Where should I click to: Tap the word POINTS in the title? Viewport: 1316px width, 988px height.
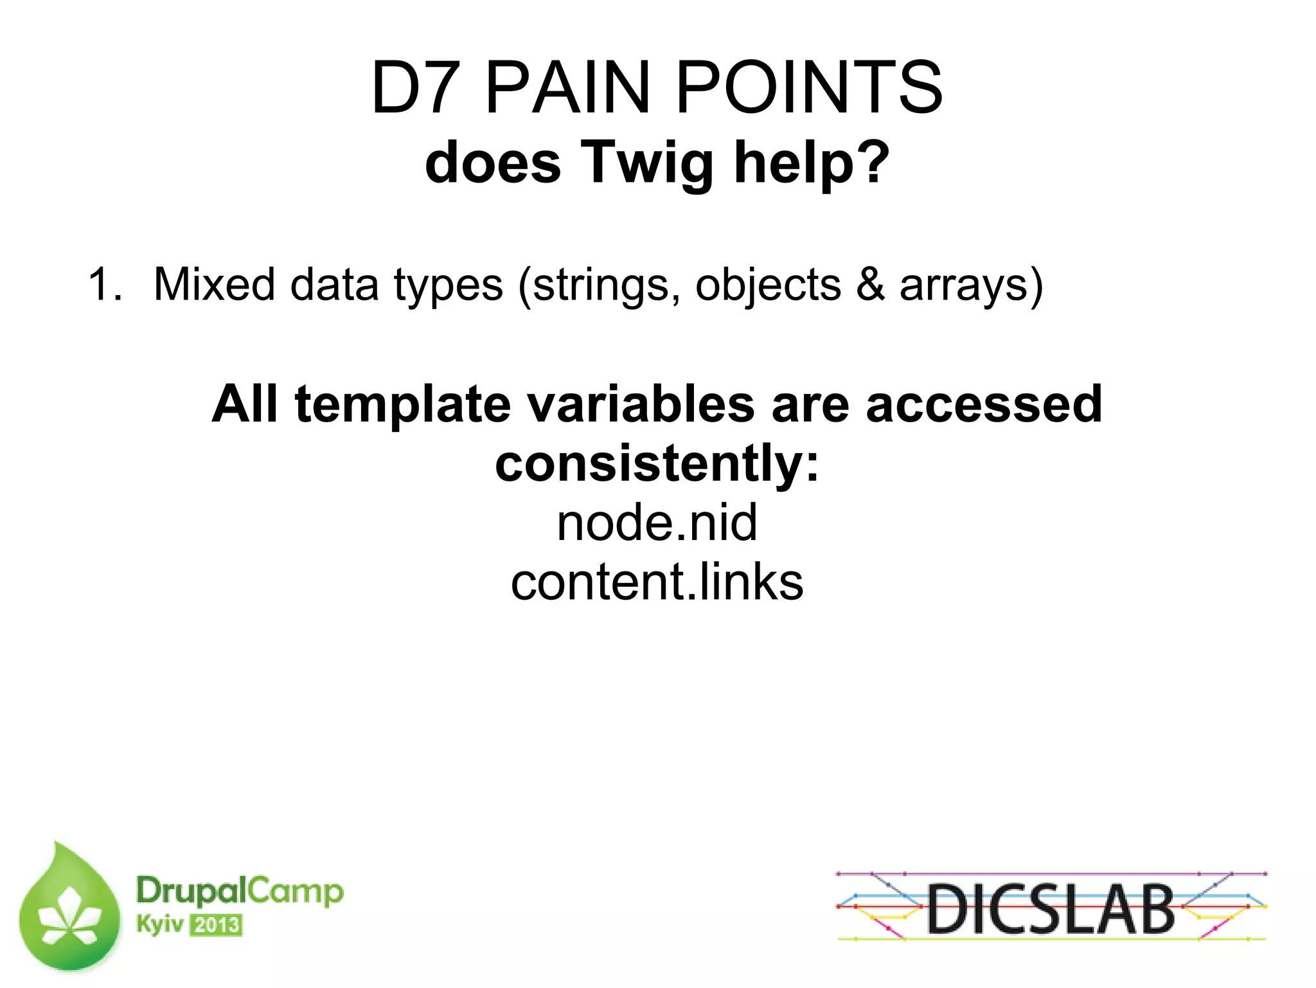(x=809, y=88)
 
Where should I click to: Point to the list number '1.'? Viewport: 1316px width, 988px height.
(x=105, y=285)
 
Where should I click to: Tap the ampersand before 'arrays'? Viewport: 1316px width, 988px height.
(x=870, y=285)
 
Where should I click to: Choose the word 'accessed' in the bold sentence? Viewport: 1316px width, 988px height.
(x=984, y=405)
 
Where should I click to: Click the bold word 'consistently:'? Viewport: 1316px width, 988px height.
(x=657, y=464)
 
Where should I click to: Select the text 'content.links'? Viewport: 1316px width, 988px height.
(x=657, y=582)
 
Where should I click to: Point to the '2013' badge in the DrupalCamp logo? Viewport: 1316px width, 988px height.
(x=217, y=926)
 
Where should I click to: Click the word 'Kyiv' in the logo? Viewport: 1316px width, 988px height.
(x=159, y=925)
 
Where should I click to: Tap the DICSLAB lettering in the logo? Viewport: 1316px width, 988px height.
(x=1050, y=908)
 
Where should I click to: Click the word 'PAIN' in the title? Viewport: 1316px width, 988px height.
(x=568, y=88)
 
